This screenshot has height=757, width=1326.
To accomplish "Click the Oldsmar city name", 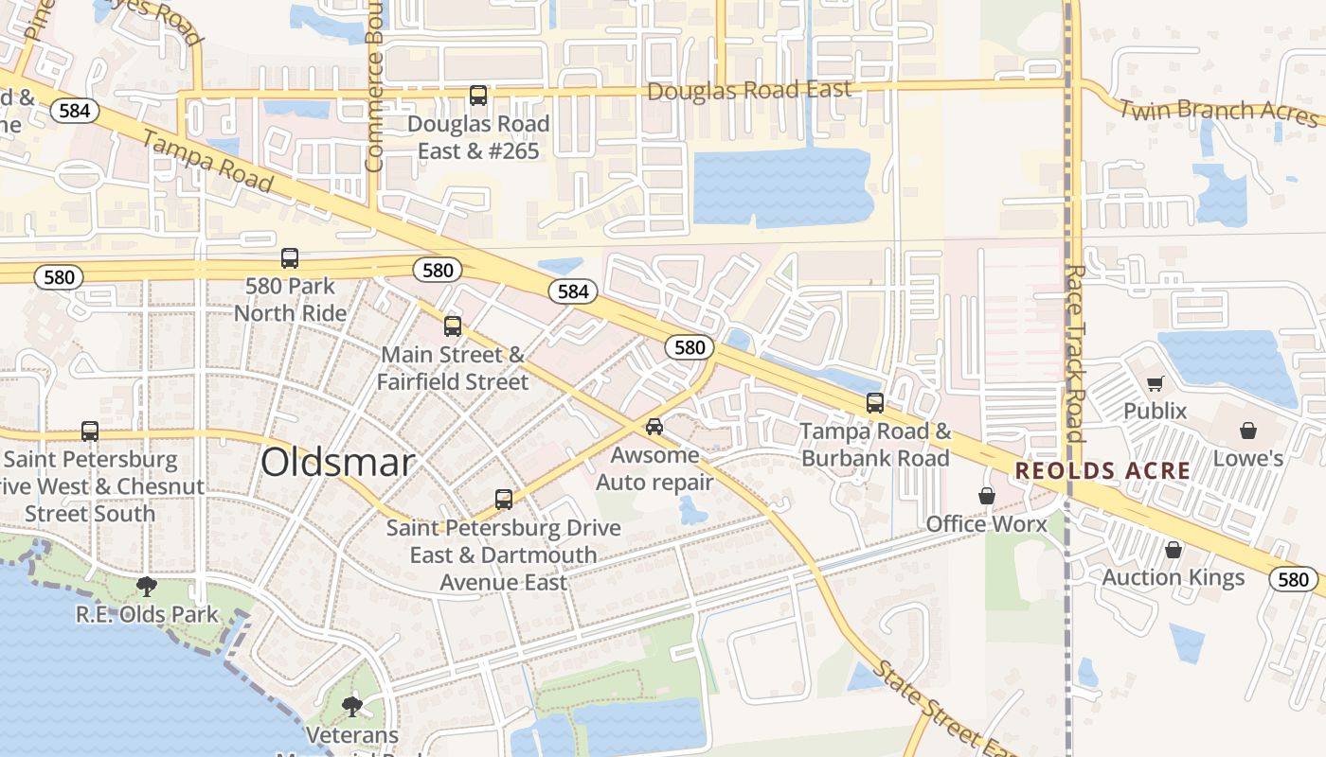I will [x=337, y=463].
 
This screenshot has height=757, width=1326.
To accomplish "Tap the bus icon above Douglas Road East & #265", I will [x=478, y=96].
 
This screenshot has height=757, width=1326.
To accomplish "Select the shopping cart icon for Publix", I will [x=1155, y=383].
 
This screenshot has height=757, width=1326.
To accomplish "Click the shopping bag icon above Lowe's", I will [x=1248, y=431].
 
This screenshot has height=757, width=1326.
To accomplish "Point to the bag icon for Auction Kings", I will [x=1174, y=550].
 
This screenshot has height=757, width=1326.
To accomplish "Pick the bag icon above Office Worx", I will [x=987, y=496].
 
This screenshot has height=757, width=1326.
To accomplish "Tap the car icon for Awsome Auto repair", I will [x=654, y=427].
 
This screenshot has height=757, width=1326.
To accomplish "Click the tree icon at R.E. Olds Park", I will [x=147, y=587].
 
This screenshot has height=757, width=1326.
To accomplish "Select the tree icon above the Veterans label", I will [x=352, y=706].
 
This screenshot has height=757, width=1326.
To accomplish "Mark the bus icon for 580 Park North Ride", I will [x=290, y=258].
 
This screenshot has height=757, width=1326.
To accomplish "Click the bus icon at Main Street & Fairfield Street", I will [x=453, y=326].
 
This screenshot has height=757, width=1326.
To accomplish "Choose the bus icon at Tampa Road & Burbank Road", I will [x=875, y=403].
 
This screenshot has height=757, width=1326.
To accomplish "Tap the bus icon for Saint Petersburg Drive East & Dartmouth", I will [x=504, y=500].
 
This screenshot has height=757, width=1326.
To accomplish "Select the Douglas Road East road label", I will [x=748, y=91].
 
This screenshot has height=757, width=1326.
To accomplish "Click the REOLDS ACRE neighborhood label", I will [x=1102, y=471].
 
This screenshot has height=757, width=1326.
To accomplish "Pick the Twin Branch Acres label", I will [x=1219, y=111].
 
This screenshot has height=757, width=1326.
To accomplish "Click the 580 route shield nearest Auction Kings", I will [x=1293, y=580].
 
